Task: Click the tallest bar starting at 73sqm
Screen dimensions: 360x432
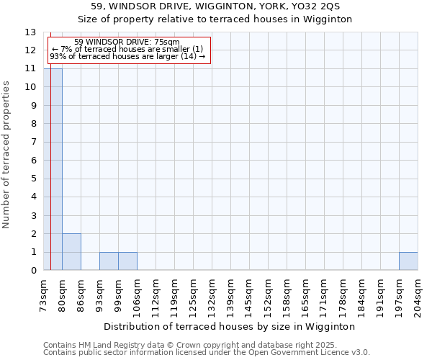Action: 53,169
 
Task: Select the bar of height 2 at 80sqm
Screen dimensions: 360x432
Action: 71,252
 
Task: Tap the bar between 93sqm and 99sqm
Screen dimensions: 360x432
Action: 109,261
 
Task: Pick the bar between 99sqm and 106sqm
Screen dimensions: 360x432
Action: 127,261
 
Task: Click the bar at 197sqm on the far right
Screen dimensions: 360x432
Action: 408,261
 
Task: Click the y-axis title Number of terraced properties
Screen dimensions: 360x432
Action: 7,154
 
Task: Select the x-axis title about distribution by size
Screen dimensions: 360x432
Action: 230,326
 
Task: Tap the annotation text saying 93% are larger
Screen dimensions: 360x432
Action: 127,56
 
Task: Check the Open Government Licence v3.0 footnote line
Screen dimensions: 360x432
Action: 207,352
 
